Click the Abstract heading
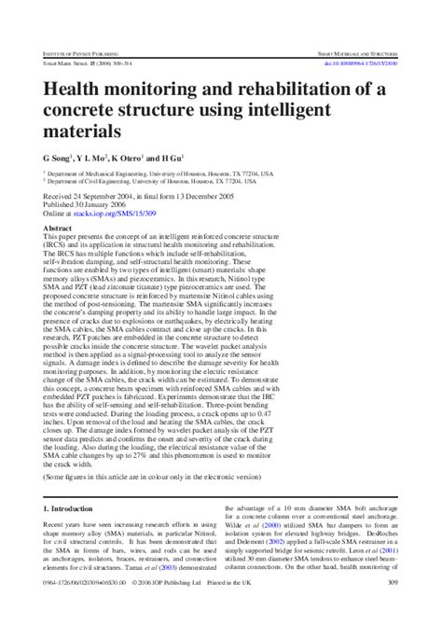click(59, 227)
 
